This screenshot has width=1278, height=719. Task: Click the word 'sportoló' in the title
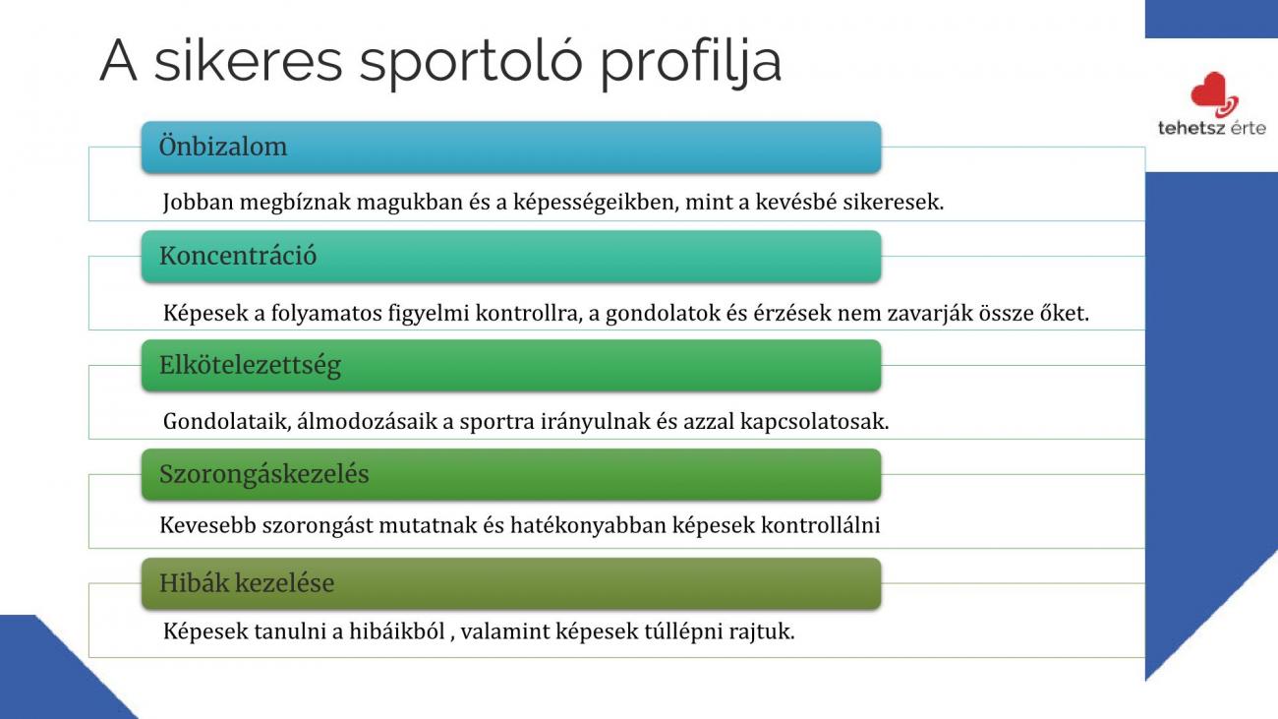[x=471, y=62]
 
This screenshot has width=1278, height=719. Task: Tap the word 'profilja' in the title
[x=691, y=62]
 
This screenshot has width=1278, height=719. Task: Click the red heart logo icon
[x=1214, y=94]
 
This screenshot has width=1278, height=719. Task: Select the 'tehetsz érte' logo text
[x=1212, y=128]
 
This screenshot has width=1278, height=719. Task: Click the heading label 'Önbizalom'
[x=223, y=147]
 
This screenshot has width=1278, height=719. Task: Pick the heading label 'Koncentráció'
[x=238, y=256]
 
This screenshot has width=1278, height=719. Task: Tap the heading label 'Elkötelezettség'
[x=250, y=366]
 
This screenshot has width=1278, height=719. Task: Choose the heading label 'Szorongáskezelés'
[x=264, y=475]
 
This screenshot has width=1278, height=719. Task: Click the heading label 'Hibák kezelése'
[x=247, y=583]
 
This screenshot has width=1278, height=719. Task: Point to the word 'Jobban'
[x=198, y=202]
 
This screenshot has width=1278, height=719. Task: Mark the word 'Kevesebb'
[x=207, y=525]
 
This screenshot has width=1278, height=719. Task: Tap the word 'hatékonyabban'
[x=588, y=525]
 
